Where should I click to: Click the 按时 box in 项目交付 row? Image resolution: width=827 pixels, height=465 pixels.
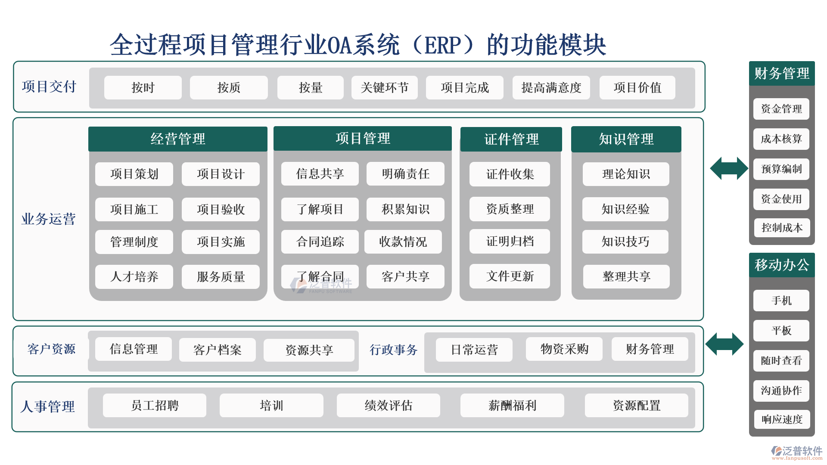143,88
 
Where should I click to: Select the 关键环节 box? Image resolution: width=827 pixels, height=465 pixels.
384,88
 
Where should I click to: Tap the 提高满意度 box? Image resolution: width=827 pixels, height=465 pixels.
551,88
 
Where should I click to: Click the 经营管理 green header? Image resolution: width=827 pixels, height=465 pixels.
177,139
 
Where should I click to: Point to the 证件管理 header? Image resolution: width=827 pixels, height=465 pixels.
511,139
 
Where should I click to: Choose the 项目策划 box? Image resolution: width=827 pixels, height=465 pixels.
134,174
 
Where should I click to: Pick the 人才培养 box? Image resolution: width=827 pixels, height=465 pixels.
134,276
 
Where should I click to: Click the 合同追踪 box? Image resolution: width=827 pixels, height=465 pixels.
320,242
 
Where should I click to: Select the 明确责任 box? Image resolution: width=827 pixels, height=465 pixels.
405,174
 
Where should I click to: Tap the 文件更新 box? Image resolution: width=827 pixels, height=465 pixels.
510,276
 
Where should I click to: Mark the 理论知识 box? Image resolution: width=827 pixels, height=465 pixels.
626,174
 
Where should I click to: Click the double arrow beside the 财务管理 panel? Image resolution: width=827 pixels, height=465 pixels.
729,168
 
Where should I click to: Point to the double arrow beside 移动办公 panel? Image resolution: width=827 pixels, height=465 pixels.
724,344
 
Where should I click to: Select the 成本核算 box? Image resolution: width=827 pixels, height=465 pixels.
781,139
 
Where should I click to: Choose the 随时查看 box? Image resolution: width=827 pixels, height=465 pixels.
781,361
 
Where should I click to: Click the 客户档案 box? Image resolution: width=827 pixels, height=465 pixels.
217,350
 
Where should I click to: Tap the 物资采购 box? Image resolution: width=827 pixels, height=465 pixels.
564,349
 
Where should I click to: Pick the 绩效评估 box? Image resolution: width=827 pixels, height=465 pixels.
388,405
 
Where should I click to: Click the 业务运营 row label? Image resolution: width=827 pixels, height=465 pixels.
48,219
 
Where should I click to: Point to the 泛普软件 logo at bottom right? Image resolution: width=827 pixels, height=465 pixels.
796,453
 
